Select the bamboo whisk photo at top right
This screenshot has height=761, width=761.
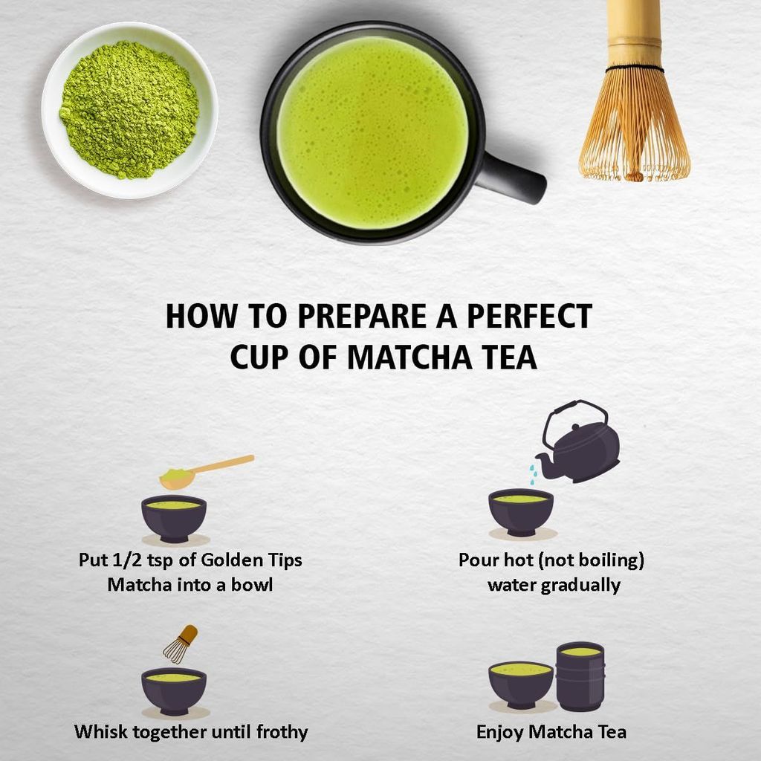633,97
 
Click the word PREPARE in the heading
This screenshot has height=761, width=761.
379,316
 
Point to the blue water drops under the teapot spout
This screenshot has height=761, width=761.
532,474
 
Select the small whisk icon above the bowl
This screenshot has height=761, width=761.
181,644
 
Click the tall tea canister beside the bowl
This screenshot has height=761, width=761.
580,676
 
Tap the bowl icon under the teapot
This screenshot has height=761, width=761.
521,511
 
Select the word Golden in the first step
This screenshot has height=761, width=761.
224,560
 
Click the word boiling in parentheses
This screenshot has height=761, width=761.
603,560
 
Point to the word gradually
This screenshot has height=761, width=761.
580,585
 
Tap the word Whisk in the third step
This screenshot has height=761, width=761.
99,732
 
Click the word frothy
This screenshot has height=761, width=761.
279,732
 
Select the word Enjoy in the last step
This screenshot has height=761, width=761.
499,732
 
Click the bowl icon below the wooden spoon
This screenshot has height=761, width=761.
174,517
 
